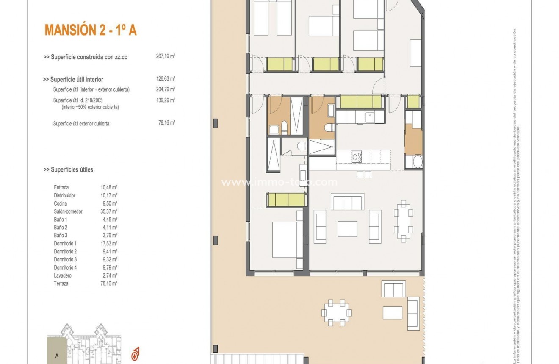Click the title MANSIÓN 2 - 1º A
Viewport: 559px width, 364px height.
click(90, 31)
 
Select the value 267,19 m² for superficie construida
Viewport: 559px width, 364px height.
click(166, 56)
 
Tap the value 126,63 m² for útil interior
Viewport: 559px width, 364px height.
click(166, 79)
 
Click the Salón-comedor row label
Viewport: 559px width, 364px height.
click(68, 211)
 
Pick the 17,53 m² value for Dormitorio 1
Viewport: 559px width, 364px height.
click(110, 244)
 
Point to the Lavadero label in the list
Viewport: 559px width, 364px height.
click(63, 275)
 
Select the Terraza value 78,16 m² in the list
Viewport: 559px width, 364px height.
click(110, 283)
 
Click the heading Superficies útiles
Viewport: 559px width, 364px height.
click(68, 169)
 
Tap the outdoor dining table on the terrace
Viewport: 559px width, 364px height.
click(337, 313)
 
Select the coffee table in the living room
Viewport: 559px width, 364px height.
click(347, 229)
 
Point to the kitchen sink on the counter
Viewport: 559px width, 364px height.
click(370, 117)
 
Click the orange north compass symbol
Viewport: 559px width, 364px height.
click(136, 353)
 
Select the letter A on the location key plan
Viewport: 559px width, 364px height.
click(56, 356)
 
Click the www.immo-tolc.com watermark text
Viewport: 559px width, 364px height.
click(279, 182)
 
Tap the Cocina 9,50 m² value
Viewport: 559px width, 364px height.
click(110, 203)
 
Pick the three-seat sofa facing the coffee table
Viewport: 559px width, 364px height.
click(347, 202)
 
